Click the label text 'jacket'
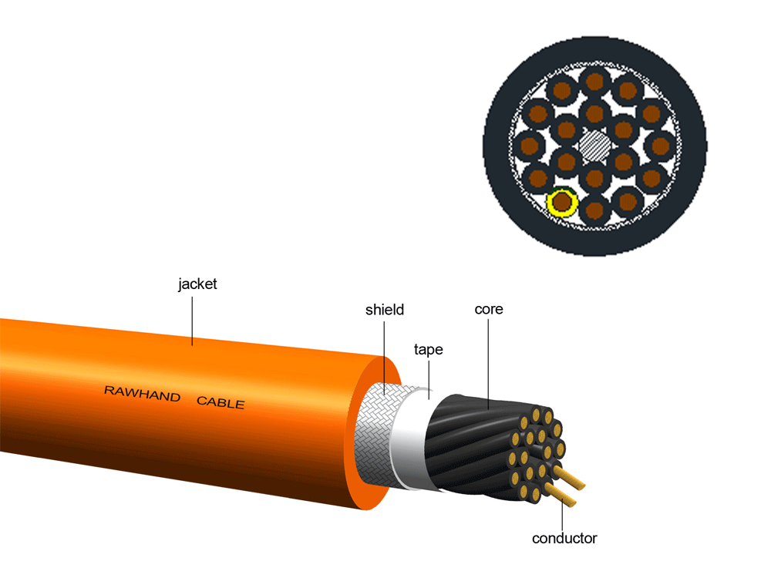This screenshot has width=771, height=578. [197, 284]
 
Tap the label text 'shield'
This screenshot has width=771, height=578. [385, 310]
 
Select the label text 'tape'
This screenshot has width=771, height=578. [428, 349]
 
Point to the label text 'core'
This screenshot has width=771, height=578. [489, 309]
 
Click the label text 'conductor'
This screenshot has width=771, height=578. [564, 538]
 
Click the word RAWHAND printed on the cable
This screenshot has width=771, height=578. [143, 395]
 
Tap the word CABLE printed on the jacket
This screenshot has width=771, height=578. [221, 402]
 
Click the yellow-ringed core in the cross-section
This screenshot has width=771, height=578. [562, 203]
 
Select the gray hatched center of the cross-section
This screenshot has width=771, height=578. [594, 146]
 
